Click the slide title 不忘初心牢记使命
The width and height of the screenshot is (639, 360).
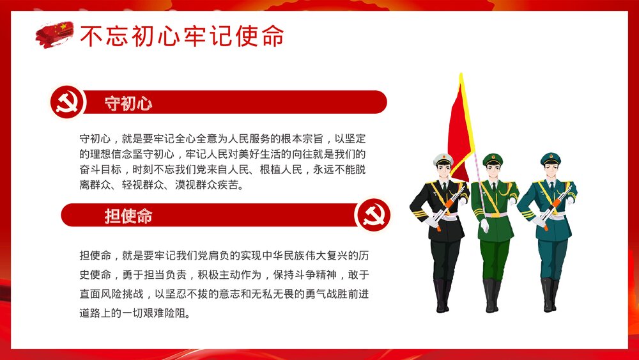[181, 37]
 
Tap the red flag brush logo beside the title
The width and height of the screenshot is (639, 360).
[55, 34]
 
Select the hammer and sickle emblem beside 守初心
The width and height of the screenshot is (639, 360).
[67, 102]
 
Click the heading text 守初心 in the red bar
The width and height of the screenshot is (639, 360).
[128, 103]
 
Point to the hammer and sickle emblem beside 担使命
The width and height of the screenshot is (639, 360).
[373, 215]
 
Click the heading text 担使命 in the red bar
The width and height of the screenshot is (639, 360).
[128, 216]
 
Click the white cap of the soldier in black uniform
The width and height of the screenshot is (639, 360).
[443, 159]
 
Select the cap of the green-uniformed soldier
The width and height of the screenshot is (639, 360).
[492, 158]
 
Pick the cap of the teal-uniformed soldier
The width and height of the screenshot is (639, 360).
[550, 158]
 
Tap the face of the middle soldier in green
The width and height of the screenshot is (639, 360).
[493, 171]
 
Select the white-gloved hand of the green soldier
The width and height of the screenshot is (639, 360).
[485, 226]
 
